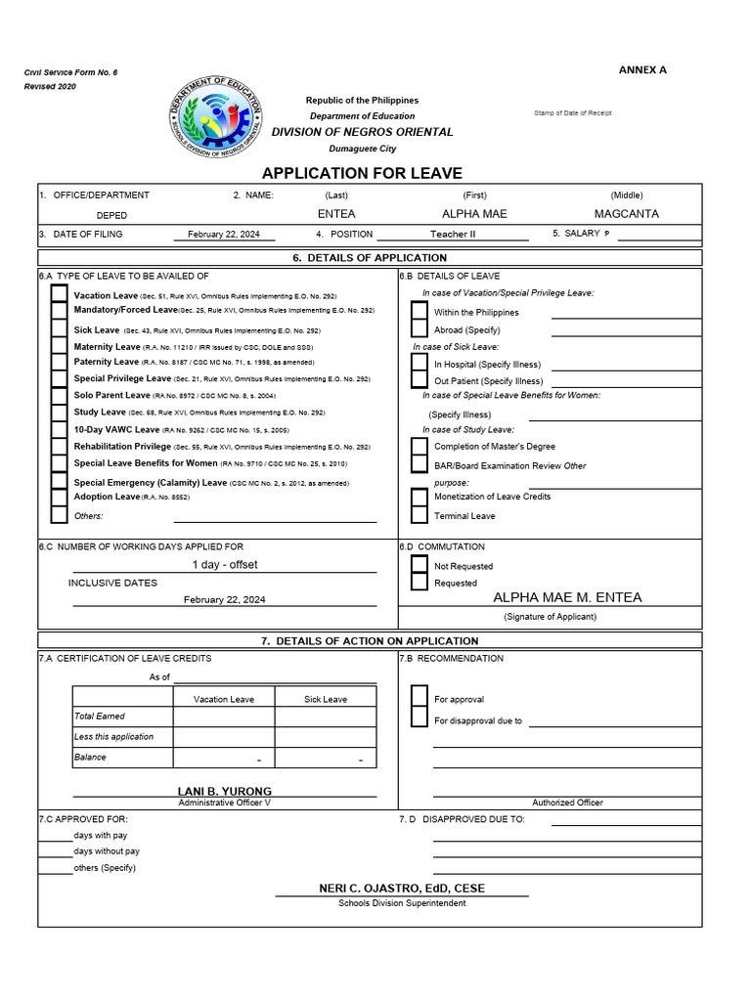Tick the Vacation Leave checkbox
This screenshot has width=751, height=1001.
[x=60, y=294]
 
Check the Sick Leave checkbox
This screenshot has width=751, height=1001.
[x=60, y=329]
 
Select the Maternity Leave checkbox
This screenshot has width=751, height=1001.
[x=60, y=346]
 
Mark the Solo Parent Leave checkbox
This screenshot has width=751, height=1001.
[x=60, y=396]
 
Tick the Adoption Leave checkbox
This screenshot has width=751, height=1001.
[x=60, y=498]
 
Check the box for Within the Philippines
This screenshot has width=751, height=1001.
[x=420, y=312]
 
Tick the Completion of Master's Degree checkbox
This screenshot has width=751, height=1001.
[x=420, y=447]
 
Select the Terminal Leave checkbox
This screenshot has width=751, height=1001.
[x=420, y=515]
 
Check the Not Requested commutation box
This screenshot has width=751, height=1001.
[x=420, y=565]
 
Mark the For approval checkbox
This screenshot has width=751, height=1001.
[x=420, y=697]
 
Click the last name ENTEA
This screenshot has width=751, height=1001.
[x=337, y=214]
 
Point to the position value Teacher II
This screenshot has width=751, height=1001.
[x=453, y=235]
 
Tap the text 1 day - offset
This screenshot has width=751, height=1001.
[x=225, y=565]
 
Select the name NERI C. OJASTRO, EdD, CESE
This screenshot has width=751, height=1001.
[x=402, y=888]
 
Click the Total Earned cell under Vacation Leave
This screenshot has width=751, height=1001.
[x=224, y=717]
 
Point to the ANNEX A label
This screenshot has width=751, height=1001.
[x=642, y=70]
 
